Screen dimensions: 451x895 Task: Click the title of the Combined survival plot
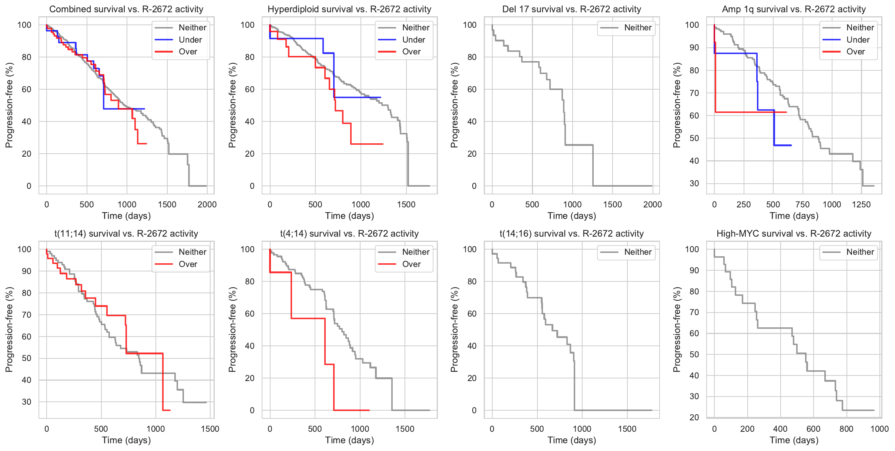coord(126,9)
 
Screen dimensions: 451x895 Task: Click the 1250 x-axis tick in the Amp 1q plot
coord(861,205)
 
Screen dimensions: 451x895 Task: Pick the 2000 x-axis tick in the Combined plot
coord(207,205)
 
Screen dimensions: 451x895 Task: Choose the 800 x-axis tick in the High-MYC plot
coord(846,429)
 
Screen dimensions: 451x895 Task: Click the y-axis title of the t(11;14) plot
coord(9,330)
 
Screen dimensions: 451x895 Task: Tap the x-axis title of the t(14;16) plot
coord(572,440)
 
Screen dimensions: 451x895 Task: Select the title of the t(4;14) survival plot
coord(349,234)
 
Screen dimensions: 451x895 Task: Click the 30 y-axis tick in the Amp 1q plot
coord(694,184)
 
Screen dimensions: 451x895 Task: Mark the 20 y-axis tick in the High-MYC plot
coord(694,417)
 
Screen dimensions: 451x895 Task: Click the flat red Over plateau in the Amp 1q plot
coord(751,112)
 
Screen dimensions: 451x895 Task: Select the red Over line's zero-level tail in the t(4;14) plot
coord(352,410)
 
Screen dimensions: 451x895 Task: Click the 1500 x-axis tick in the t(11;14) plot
coord(210,429)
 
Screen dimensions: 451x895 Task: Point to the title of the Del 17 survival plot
coord(571,9)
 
